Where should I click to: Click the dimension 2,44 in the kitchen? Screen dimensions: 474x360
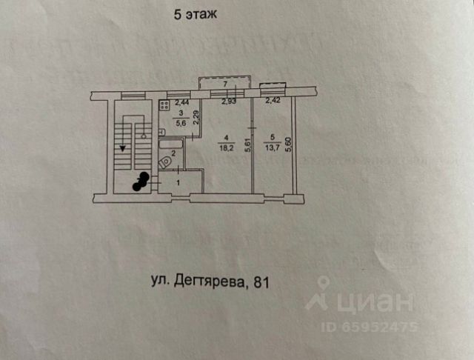point(181,102)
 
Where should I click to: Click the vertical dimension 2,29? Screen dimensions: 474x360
point(196,118)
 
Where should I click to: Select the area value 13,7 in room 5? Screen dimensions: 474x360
point(273,147)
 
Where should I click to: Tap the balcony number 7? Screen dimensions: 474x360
point(226,84)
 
